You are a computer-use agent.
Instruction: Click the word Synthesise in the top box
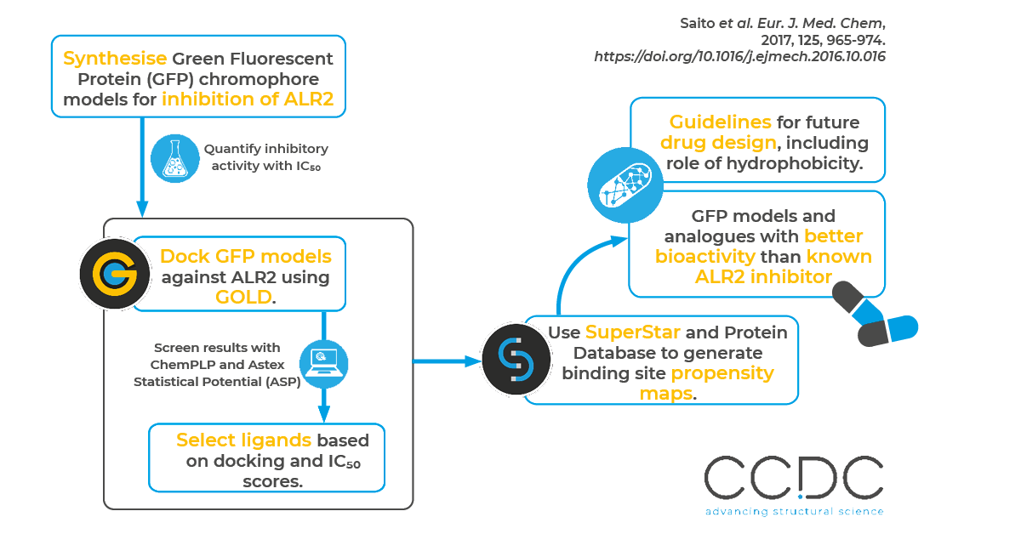pyautogui.click(x=115, y=60)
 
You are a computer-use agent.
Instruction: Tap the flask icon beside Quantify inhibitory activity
pyautogui.click(x=175, y=158)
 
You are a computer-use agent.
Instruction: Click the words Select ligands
pyautogui.click(x=243, y=440)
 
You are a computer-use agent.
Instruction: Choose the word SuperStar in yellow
pyautogui.click(x=633, y=332)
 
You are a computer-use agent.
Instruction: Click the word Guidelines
pyautogui.click(x=720, y=122)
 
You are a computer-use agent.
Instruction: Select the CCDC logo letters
pyautogui.click(x=794, y=480)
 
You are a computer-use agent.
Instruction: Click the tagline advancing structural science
pyautogui.click(x=794, y=512)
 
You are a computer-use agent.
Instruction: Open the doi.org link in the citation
pyautogui.click(x=739, y=57)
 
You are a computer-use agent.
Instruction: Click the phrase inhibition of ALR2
pyautogui.click(x=254, y=99)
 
